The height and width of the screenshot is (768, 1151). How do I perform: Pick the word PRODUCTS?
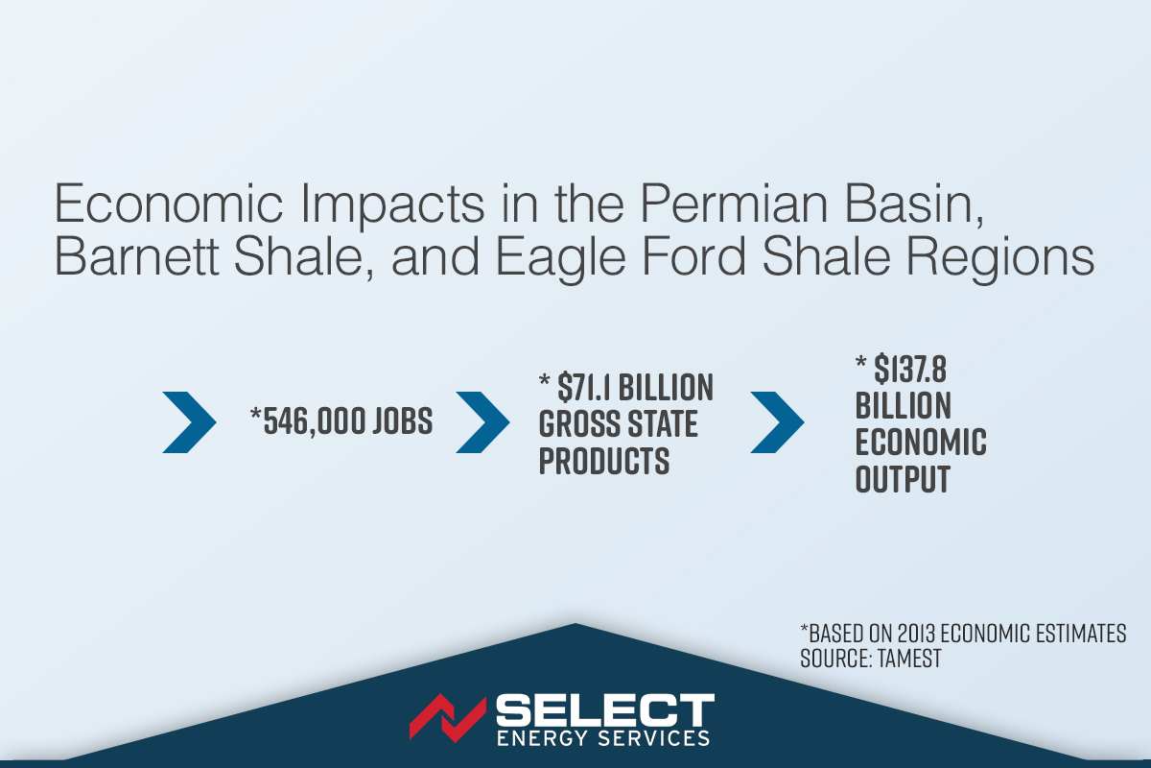[604, 461]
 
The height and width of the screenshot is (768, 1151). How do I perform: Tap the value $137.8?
[910, 369]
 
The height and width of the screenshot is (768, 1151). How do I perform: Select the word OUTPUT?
[903, 479]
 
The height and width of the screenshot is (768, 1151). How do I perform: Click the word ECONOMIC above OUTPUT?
[921, 442]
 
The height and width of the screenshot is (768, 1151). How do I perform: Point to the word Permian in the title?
[734, 204]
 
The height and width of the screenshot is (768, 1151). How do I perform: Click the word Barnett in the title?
[136, 256]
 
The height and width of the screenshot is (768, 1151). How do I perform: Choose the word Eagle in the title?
[560, 260]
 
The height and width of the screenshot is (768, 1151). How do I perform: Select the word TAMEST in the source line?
[909, 659]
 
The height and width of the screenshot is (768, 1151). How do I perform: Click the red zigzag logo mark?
[448, 718]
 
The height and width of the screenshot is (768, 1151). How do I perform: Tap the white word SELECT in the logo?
[605, 710]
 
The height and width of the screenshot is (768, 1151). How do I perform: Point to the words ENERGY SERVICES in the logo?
[603, 737]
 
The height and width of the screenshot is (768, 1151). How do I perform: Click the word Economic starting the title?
[169, 204]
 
